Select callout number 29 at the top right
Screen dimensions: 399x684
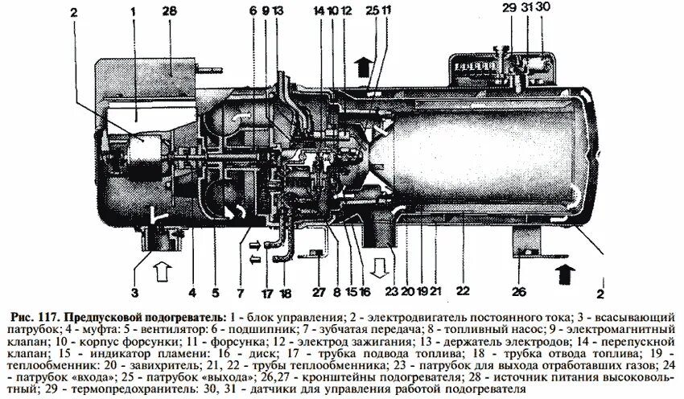tap(509, 7)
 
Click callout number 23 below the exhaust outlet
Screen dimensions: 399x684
tap(391, 282)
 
